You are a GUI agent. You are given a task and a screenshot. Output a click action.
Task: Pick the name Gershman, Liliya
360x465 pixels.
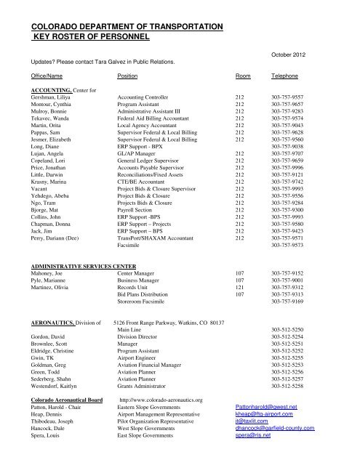(52, 96)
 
